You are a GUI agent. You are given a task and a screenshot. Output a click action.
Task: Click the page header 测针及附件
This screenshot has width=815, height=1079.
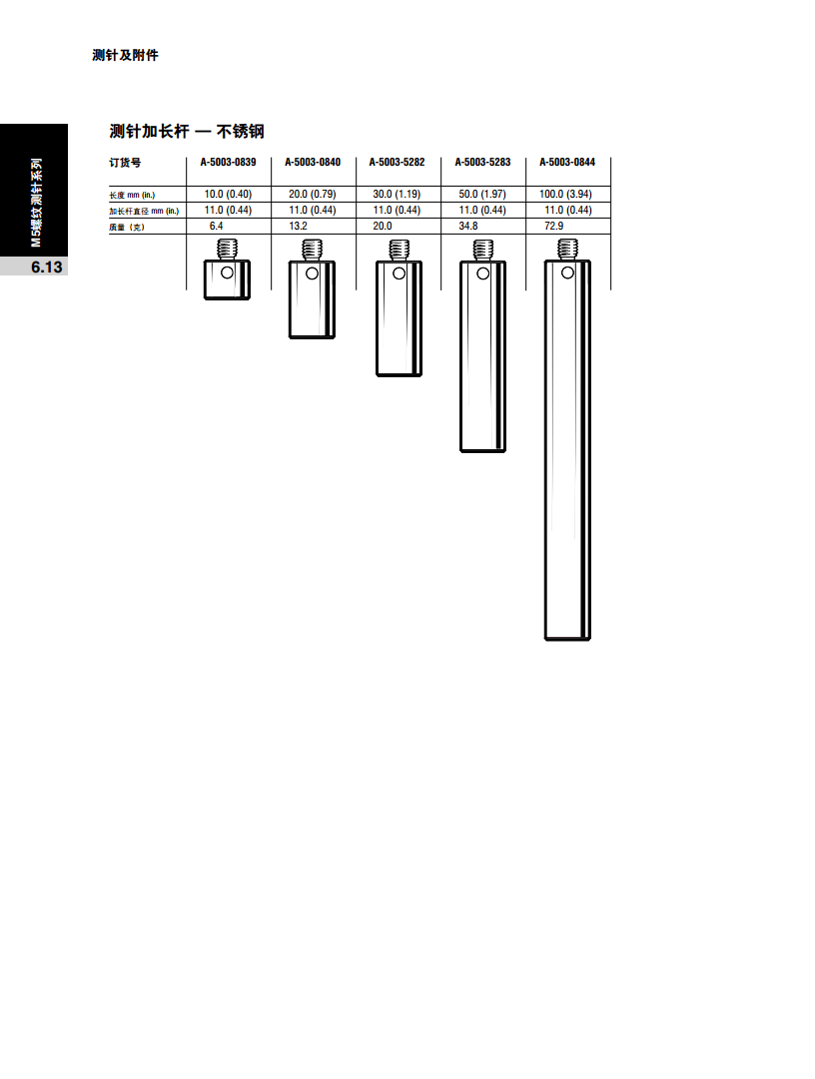[125, 55]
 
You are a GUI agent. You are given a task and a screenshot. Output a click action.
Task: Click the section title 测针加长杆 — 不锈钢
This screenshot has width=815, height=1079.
[187, 131]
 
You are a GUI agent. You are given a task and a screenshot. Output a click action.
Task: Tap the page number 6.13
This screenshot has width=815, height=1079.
[47, 267]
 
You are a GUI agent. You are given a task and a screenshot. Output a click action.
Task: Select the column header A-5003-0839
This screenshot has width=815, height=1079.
[228, 163]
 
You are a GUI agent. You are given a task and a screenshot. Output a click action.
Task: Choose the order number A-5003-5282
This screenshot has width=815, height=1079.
[398, 163]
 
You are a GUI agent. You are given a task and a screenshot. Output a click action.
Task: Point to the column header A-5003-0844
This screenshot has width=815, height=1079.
[567, 163]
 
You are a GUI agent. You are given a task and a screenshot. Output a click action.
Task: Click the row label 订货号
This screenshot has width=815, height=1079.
[125, 163]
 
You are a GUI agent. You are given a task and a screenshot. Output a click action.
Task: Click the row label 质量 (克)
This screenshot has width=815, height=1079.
[127, 228]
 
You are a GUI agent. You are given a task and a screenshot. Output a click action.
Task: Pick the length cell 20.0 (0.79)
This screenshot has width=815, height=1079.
[313, 194]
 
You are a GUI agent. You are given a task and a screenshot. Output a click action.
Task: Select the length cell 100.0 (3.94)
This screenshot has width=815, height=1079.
[566, 194]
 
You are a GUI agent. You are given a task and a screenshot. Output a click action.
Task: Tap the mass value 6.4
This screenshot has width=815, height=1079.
[216, 226]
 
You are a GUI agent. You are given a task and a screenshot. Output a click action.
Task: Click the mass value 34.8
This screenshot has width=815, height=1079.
[468, 226]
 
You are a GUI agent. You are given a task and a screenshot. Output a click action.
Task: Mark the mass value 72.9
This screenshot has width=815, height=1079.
[554, 226]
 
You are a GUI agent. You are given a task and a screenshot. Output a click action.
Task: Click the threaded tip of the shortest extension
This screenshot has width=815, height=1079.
[227, 249]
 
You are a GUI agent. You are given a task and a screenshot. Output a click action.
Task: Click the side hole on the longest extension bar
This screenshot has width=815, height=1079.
[568, 272]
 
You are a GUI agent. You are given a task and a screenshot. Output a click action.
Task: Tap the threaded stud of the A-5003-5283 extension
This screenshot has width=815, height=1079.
[483, 250]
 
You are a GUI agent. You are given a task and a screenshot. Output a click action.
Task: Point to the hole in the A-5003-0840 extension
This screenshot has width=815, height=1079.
[312, 273]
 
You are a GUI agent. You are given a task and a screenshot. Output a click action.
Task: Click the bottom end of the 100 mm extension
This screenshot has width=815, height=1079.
[568, 638]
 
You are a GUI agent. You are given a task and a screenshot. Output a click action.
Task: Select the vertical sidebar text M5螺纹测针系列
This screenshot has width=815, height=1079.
[36, 203]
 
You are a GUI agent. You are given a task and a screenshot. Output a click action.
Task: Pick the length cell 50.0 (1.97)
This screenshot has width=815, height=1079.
[482, 194]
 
